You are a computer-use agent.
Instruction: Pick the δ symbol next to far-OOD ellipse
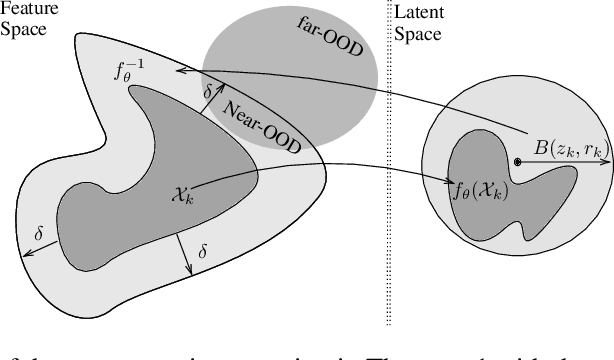[x=208, y=92]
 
